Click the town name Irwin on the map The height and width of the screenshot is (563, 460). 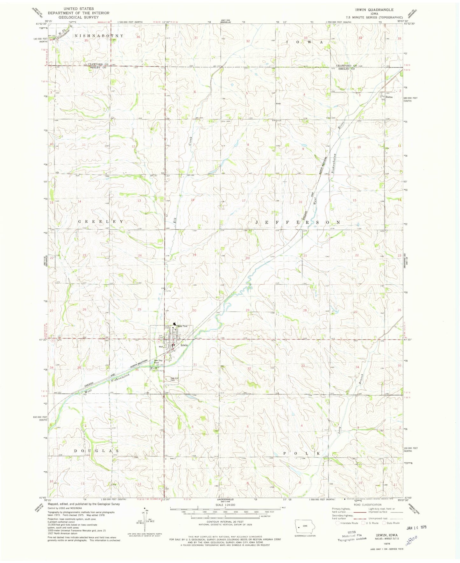click(x=184, y=345)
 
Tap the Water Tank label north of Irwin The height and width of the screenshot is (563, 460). click(x=182, y=326)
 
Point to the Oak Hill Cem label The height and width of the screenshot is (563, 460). click(x=174, y=379)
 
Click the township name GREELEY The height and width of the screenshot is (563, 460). click(x=101, y=221)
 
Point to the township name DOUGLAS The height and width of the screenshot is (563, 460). click(x=97, y=451)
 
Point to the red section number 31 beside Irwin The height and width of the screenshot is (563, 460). click(x=195, y=365)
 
